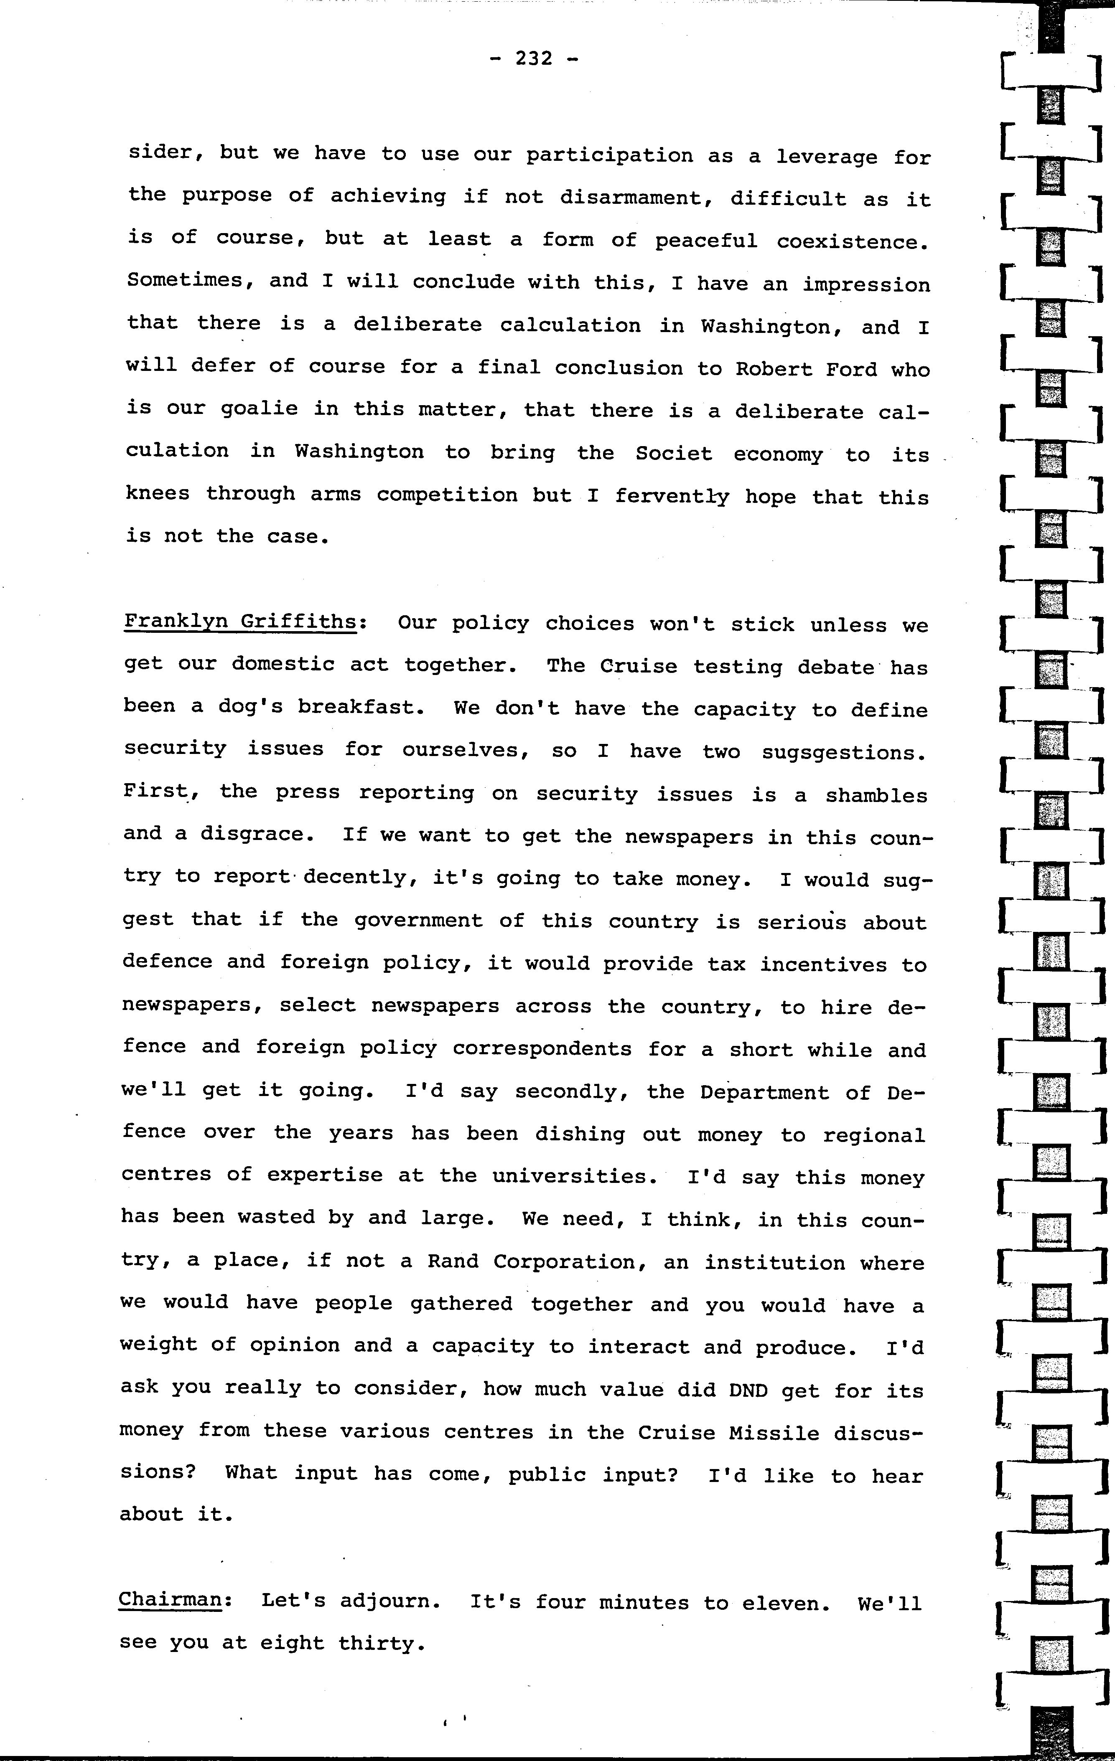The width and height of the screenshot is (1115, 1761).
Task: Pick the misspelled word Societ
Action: (x=673, y=454)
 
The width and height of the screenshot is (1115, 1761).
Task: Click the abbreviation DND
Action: (x=748, y=1390)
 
